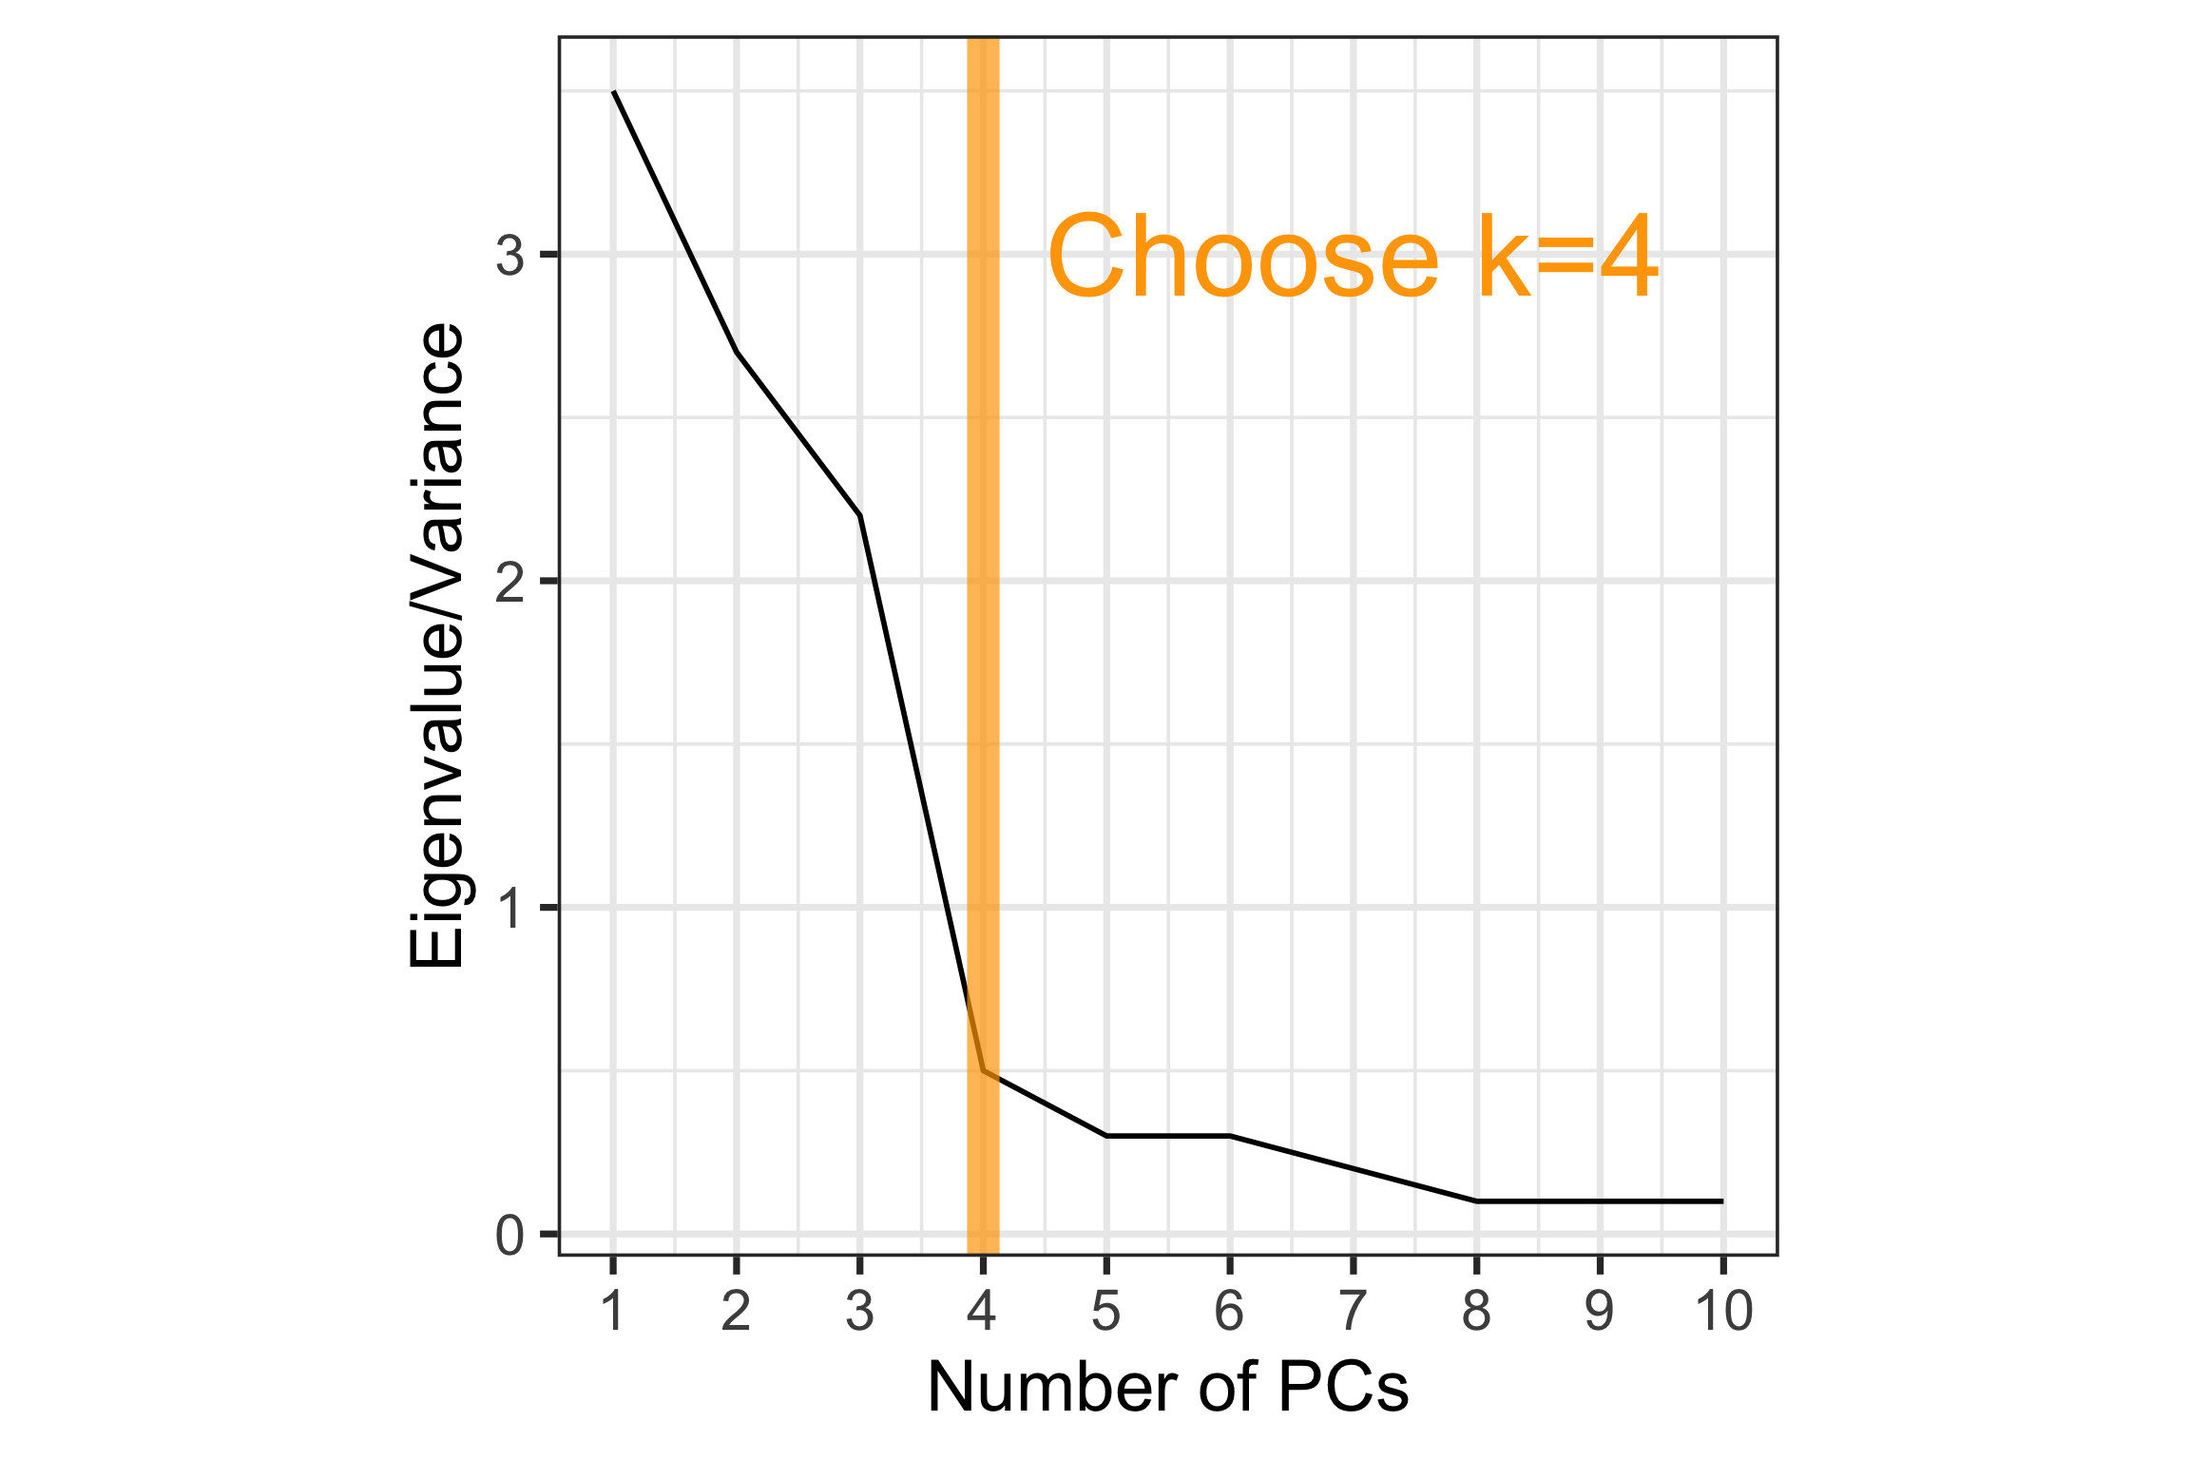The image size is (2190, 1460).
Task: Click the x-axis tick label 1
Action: (613, 1312)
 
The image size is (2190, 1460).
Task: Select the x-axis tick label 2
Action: (737, 1312)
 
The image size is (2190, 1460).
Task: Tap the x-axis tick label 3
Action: (859, 1312)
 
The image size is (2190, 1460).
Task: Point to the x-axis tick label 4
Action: (982, 1312)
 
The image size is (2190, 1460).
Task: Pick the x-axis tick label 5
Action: (1106, 1312)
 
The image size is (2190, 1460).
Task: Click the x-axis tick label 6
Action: (1229, 1312)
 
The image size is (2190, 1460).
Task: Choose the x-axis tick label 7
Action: (1353, 1312)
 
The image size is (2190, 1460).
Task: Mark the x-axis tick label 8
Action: (1476, 1312)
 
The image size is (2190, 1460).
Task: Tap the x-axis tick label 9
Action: (1600, 1312)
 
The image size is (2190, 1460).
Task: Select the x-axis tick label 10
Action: (1723, 1312)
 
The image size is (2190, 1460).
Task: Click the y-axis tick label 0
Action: (510, 1236)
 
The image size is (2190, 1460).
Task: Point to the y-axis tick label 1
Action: (510, 909)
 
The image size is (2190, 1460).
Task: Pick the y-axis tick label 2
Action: (510, 582)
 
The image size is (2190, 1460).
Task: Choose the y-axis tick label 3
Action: (510, 256)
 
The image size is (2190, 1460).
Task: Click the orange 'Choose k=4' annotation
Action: (1353, 257)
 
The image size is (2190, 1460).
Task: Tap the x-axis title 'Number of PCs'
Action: (1167, 1388)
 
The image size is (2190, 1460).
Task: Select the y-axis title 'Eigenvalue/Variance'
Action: (436, 646)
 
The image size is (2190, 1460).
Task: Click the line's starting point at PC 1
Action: (614, 91)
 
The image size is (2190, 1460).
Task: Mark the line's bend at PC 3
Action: (860, 515)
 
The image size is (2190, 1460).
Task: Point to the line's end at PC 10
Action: (1722, 1201)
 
